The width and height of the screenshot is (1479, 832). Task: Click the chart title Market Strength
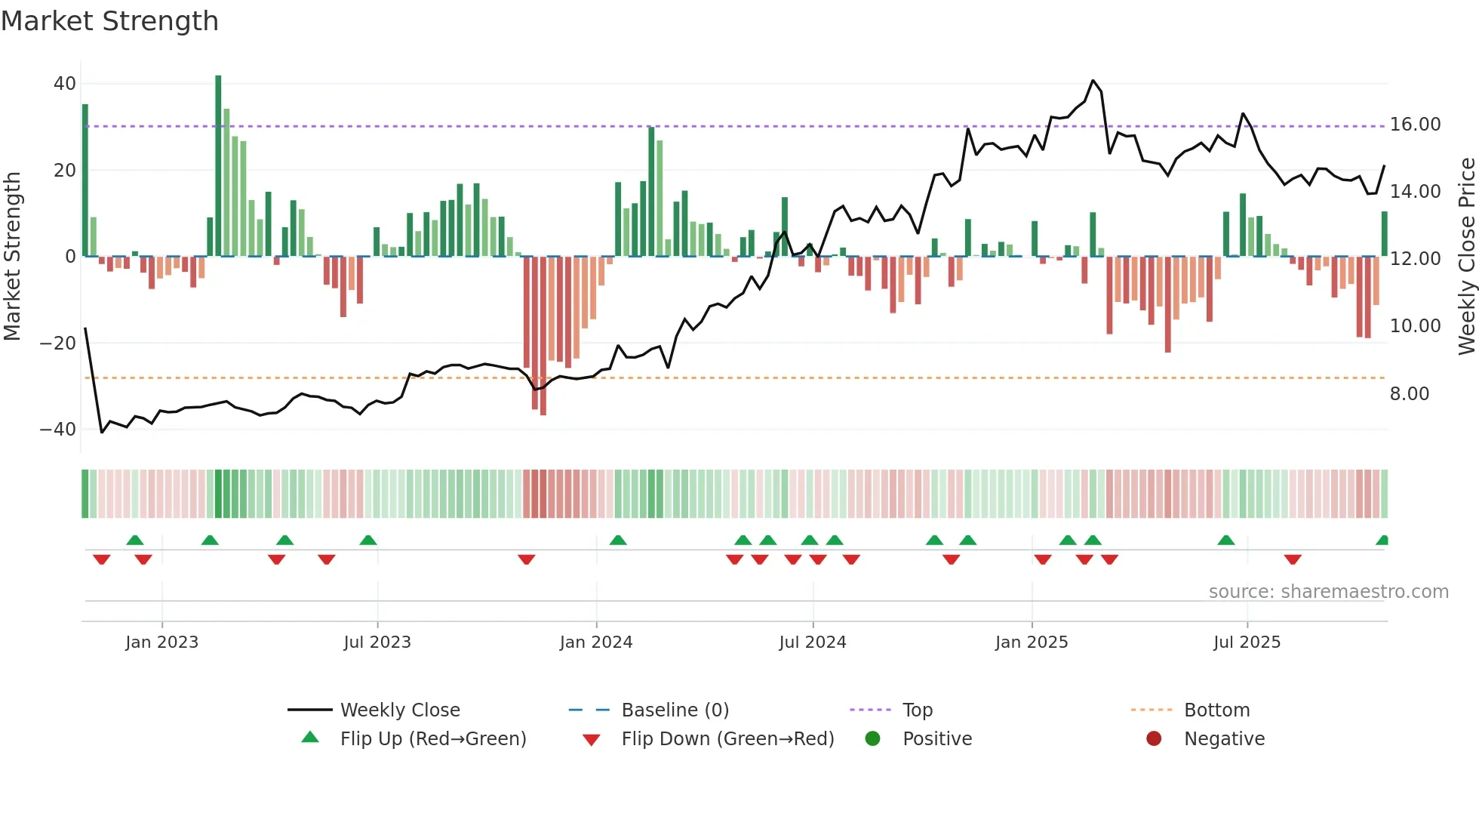point(109,21)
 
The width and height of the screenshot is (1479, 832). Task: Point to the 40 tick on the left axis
point(65,84)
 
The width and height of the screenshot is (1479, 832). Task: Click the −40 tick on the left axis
point(58,430)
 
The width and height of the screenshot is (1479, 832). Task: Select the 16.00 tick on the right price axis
point(1415,125)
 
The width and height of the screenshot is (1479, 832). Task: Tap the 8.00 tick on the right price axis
point(1409,394)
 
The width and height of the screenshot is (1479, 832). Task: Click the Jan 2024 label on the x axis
point(595,642)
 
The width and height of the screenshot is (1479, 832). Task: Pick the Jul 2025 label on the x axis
point(1247,642)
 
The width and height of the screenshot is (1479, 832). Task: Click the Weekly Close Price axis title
point(1466,257)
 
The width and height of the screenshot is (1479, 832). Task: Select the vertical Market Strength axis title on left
point(12,257)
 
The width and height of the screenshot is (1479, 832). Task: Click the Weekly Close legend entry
point(399,710)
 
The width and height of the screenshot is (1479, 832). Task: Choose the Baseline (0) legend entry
point(675,710)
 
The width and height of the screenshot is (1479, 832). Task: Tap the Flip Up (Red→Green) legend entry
point(432,739)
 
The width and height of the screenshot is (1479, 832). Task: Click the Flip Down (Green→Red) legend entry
point(727,739)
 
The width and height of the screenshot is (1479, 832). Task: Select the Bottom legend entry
point(1216,710)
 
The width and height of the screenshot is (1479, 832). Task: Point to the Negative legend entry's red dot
point(1153,739)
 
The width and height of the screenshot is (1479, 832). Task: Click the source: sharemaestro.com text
point(1328,592)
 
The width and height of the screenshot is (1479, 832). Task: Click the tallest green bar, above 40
point(218,166)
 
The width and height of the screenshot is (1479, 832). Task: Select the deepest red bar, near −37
point(543,336)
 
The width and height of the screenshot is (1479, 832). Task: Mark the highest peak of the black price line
point(1093,81)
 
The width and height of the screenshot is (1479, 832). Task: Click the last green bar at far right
point(1384,234)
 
